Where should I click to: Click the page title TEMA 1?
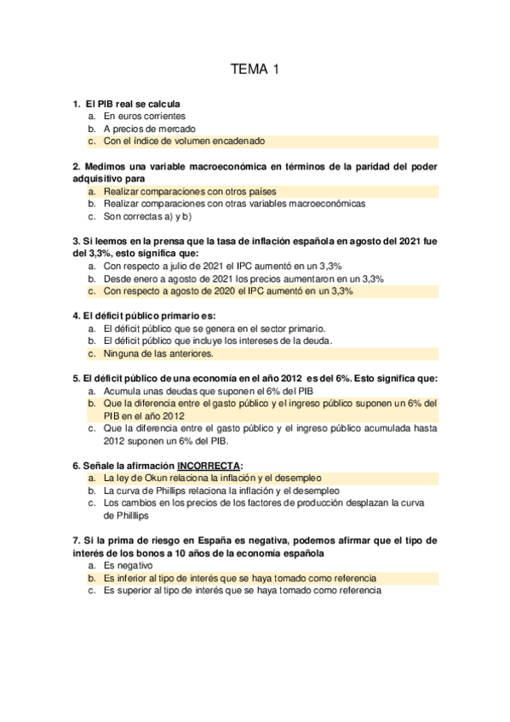(255, 70)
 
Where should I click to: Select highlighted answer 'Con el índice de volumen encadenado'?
(184, 141)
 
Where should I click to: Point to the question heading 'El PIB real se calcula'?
(139, 104)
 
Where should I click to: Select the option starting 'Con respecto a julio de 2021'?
(223, 266)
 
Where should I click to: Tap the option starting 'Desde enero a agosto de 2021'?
(244, 278)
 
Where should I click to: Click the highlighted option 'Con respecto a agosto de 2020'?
(228, 291)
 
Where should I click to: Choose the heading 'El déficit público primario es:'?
(144, 316)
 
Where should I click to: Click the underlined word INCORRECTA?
(209, 466)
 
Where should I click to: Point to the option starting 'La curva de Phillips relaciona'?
(221, 491)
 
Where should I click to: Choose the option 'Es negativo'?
(128, 565)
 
